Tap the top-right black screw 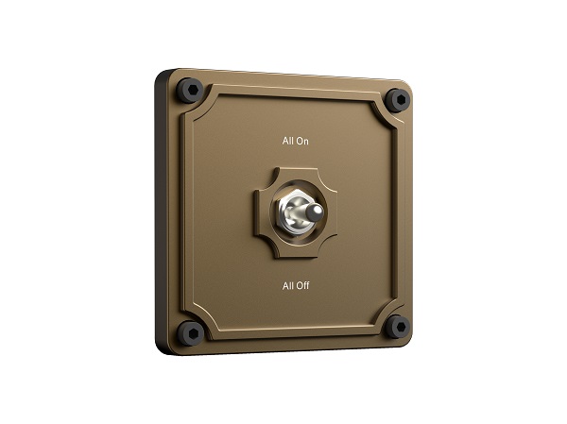[x=398, y=98]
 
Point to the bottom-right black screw [x=398, y=327]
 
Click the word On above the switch [x=302, y=142]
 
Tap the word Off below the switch [x=301, y=284]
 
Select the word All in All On [x=287, y=142]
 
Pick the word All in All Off [x=287, y=284]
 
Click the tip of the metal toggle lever [x=321, y=209]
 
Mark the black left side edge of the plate [x=161, y=212]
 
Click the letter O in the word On [x=300, y=142]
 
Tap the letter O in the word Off [x=299, y=284]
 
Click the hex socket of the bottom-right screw [x=398, y=327]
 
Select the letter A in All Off [x=284, y=284]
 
